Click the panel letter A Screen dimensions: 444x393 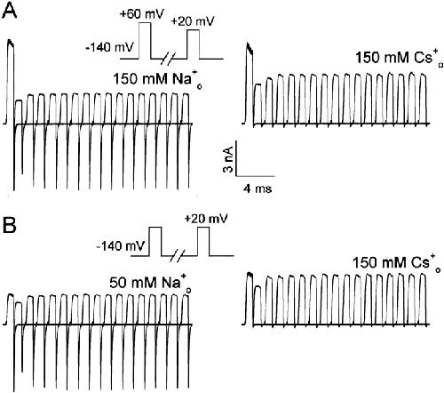[x=9, y=12]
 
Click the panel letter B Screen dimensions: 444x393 [x=9, y=225]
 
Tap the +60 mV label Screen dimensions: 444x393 [x=142, y=14]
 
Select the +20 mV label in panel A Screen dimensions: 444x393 [x=192, y=21]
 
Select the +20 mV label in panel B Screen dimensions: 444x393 [x=206, y=219]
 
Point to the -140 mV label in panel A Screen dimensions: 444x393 [x=110, y=47]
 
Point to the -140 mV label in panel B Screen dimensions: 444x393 [x=121, y=245]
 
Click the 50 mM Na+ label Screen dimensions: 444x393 [x=150, y=283]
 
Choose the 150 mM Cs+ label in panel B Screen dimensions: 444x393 [x=396, y=262]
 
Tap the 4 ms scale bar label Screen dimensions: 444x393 [x=258, y=188]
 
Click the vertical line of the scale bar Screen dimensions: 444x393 [x=236, y=158]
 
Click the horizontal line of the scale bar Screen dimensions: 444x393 [x=256, y=176]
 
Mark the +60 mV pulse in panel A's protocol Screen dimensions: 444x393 [x=145, y=41]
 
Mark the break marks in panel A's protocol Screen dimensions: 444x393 [x=169, y=59]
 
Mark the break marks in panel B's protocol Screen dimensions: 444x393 [x=179, y=255]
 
